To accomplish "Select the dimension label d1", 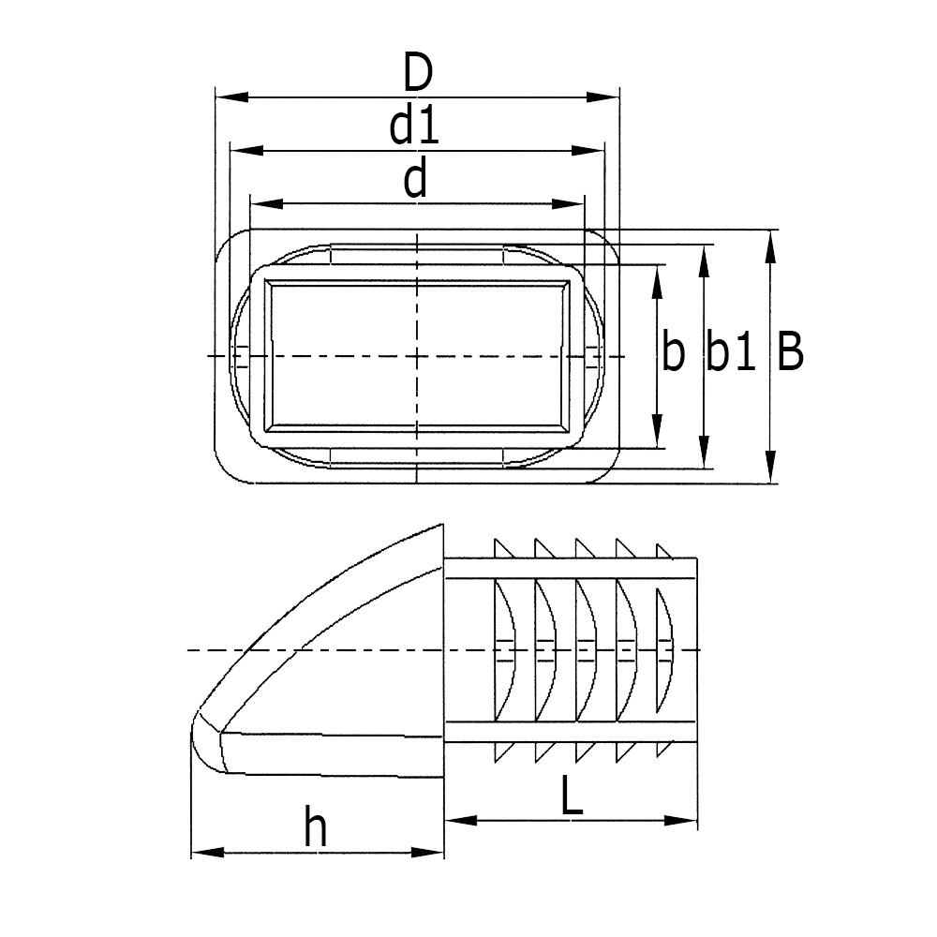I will (x=415, y=127).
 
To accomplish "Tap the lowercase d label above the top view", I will (x=415, y=180).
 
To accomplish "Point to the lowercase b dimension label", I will (x=673, y=353).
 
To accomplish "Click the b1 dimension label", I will (x=731, y=353).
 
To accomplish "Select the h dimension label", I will (x=318, y=829).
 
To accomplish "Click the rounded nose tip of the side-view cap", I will (x=199, y=740).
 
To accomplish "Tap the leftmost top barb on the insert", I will (x=499, y=547).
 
